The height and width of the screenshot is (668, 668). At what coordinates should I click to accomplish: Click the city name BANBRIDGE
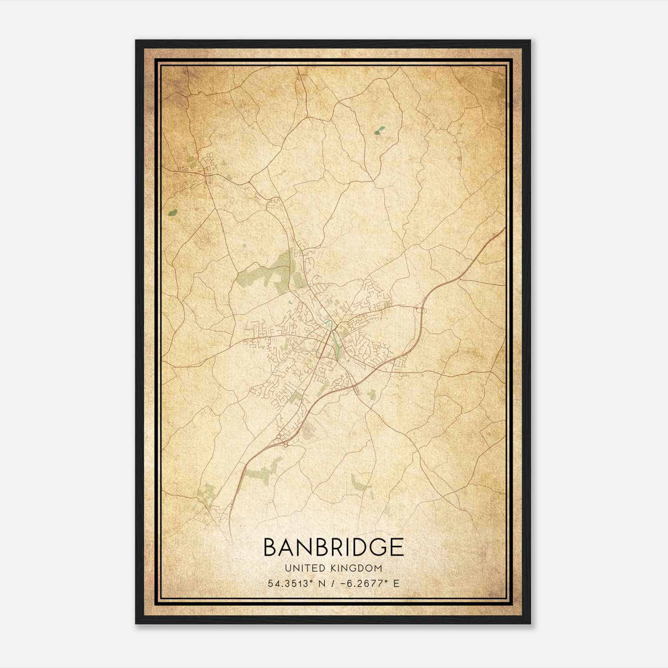point(334,547)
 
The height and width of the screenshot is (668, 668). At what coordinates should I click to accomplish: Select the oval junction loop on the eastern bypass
point(420,310)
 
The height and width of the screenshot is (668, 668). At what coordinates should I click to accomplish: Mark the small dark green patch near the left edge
point(172,213)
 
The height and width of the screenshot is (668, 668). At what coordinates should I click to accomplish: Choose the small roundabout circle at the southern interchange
point(286,445)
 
